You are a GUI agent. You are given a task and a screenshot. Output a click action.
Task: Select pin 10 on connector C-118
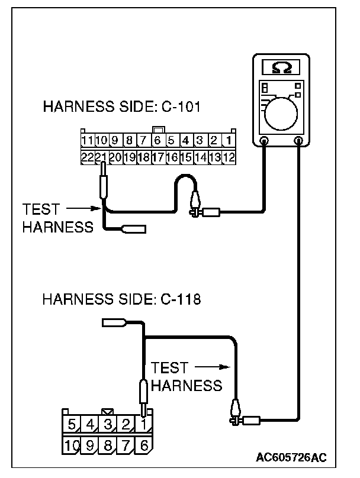tap(72, 444)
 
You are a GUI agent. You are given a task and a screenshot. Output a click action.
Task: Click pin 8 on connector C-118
tap(108, 444)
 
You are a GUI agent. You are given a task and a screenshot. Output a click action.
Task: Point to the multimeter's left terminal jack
tap(264, 141)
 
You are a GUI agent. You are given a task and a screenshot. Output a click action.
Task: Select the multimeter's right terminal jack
tap(299, 141)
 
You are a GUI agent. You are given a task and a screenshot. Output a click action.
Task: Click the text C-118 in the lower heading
tap(181, 299)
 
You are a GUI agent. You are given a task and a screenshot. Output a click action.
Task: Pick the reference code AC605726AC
tap(291, 457)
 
